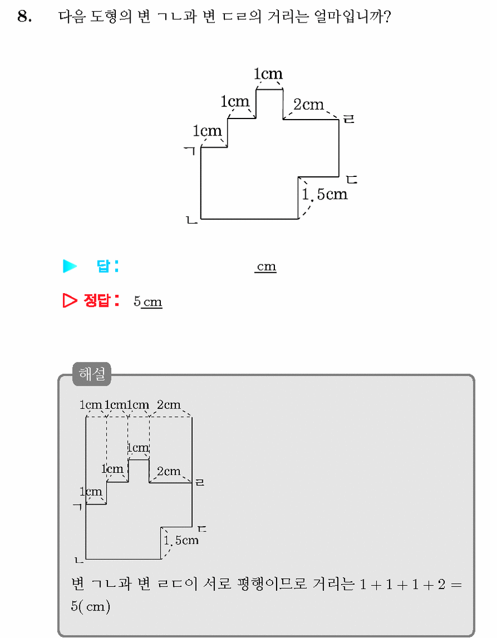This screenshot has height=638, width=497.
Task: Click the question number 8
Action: [x=25, y=16]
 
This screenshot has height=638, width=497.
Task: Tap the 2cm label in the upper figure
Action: [x=309, y=104]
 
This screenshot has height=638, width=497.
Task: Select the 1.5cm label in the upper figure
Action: [x=324, y=194]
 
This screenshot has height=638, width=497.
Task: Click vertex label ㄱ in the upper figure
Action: [x=190, y=151]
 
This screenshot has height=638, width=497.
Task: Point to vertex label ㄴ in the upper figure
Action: [x=192, y=220]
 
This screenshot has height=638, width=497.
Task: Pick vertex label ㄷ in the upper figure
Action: [x=351, y=180]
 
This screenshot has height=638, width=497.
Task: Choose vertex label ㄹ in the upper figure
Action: [x=349, y=119]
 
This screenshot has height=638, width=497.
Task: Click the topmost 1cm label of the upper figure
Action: [x=268, y=74]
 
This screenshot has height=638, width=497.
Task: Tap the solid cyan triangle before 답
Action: [x=70, y=266]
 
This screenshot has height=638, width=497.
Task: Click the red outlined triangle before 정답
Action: [x=70, y=300]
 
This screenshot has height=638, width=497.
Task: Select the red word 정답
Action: [x=97, y=300]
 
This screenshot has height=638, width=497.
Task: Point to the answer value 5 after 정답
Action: [x=137, y=301]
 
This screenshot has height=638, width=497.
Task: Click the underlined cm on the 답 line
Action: [x=265, y=267]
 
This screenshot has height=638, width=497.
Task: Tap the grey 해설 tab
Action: [x=92, y=373]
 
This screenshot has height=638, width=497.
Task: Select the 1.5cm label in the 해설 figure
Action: [x=181, y=540]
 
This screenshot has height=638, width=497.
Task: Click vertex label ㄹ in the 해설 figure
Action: [x=200, y=482]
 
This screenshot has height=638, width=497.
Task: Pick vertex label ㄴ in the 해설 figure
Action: [x=79, y=560]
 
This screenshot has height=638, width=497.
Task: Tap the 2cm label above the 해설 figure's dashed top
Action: [x=169, y=404]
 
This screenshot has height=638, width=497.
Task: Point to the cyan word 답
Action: [x=103, y=266]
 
